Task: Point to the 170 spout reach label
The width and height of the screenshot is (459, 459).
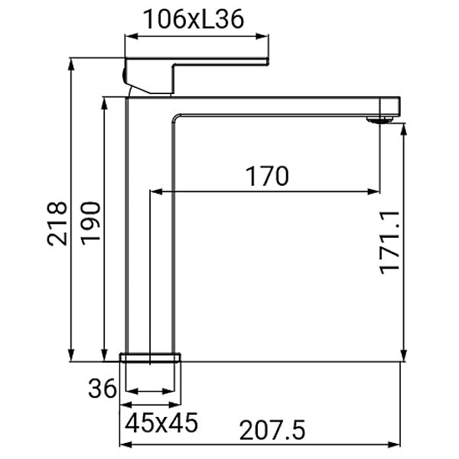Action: pos(267,177)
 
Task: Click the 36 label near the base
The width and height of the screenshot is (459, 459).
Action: pos(103,389)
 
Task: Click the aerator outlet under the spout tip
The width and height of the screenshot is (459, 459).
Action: pos(379,119)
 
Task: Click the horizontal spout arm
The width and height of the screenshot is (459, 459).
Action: pos(283,106)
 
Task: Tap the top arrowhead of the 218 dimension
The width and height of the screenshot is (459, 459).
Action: pos(70,61)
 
